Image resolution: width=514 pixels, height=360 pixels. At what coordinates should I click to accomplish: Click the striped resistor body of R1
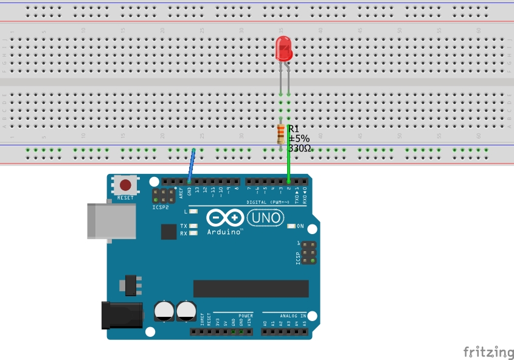click(280, 134)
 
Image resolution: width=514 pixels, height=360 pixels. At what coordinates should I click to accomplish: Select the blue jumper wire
click(192, 165)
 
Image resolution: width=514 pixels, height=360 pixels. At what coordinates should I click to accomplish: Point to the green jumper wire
click(288, 152)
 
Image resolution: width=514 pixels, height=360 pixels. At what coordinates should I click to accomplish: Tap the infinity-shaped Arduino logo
click(226, 218)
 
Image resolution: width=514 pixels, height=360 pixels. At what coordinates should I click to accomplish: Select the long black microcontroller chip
click(251, 288)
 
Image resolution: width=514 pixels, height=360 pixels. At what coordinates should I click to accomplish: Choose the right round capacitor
click(186, 311)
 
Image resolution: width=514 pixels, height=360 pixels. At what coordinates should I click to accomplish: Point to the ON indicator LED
click(291, 226)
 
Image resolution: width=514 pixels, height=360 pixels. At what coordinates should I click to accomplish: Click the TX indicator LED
click(193, 226)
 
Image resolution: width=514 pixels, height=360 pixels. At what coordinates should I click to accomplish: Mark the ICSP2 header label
click(161, 207)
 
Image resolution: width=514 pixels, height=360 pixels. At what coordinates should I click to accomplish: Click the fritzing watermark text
click(488, 352)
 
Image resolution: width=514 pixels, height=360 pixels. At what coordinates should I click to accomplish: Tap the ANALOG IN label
click(284, 316)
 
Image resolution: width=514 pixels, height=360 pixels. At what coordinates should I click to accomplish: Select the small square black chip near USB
click(168, 232)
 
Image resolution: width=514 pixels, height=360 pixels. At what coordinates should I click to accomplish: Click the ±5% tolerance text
click(299, 138)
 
